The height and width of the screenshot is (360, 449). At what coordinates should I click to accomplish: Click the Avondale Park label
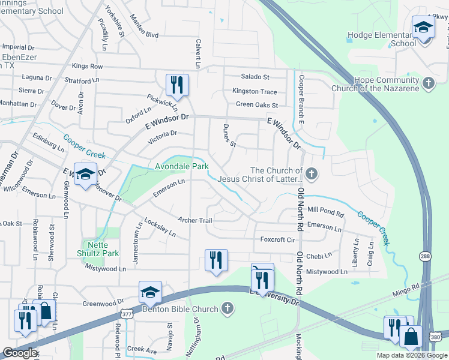coord(181,167)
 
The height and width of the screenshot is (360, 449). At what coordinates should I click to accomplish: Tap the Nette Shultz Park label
coord(101,250)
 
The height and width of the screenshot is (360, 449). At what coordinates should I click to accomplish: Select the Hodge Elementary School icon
coord(423,28)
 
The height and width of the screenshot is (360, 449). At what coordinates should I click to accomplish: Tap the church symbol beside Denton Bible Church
coord(226,309)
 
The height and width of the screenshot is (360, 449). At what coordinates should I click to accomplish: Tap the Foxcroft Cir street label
coord(277,239)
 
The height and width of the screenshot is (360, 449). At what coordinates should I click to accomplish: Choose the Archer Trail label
coord(195,221)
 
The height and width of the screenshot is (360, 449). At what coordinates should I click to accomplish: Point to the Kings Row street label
coord(87,66)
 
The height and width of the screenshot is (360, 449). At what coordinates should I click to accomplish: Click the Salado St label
coord(255,77)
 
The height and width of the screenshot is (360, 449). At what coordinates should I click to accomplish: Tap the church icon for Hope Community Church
coord(429,83)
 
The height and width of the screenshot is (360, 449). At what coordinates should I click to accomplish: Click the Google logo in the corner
coord(19,353)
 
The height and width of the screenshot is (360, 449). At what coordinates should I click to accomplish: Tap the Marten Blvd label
coord(144,35)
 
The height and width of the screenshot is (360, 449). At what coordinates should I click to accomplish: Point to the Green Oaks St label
coord(257,105)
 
